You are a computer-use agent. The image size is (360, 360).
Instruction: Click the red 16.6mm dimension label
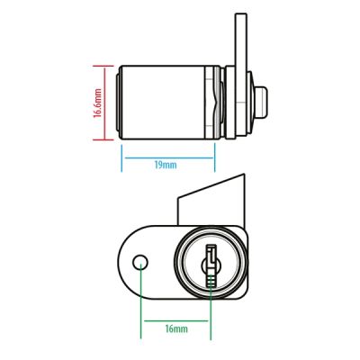(x=98, y=103)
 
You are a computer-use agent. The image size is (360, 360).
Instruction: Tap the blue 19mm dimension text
(x=166, y=165)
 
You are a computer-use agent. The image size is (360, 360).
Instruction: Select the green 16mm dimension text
(x=176, y=328)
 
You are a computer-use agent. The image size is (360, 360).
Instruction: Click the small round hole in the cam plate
(x=140, y=263)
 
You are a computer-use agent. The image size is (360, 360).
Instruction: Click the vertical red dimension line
(x=105, y=103)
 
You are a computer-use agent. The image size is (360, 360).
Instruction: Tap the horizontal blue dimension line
(x=169, y=157)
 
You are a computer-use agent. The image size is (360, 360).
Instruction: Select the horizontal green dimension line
(x=176, y=320)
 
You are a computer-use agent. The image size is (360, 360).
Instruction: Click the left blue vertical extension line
(x=121, y=158)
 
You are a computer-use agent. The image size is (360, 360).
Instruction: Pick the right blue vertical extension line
(x=215, y=157)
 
